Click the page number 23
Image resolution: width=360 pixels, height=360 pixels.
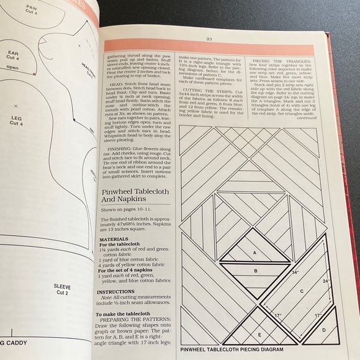[209, 38]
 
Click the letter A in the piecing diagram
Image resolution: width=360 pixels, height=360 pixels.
[254, 253]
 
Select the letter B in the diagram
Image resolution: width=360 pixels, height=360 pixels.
[254, 271]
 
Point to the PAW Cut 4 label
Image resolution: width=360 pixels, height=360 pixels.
[31, 10]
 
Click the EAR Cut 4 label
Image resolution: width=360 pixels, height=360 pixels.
[12, 56]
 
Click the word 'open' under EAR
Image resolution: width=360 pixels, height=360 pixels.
[13, 69]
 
